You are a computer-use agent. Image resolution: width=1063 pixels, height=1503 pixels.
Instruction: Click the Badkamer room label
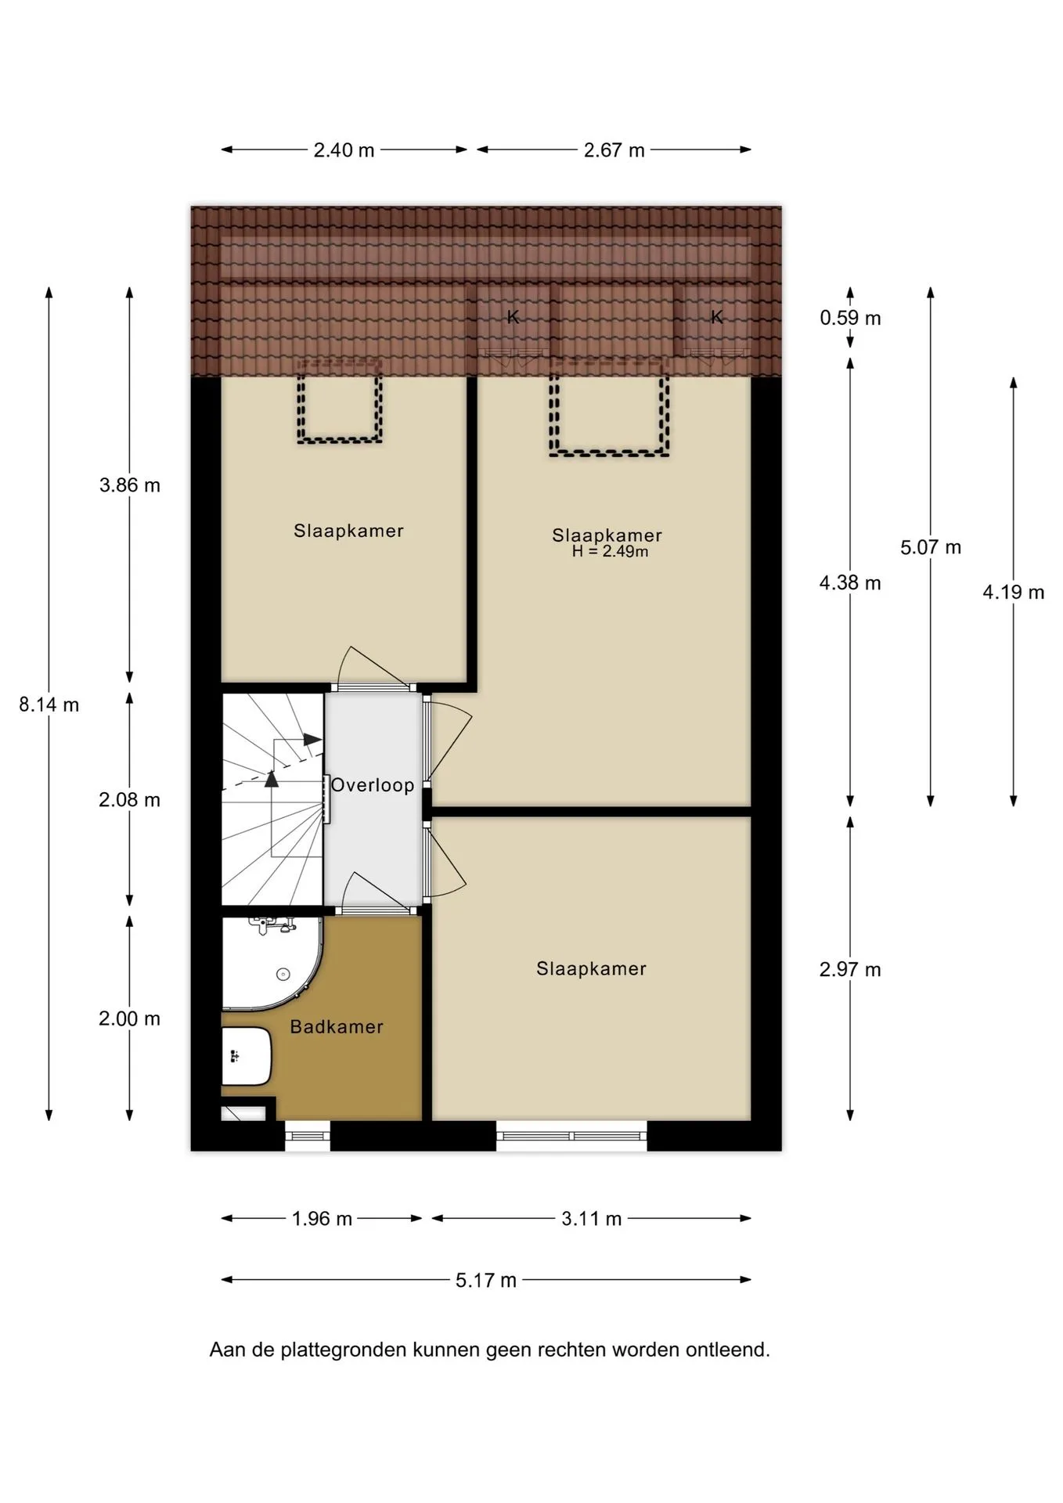337,1027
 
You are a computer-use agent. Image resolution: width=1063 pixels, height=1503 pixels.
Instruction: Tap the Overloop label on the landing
373,785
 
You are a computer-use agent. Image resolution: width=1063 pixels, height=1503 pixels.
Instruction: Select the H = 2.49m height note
610,551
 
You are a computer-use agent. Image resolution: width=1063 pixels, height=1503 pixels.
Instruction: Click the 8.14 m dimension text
49,705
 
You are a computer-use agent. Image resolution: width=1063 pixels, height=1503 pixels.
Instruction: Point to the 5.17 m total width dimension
486,1280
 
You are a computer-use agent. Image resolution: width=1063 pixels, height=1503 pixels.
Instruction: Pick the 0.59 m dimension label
850,318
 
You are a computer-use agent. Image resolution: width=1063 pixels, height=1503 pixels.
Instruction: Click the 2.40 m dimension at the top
344,150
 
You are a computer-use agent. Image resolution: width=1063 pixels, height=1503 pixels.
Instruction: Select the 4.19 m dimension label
1014,592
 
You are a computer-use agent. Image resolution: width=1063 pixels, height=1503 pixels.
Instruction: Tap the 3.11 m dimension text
592,1218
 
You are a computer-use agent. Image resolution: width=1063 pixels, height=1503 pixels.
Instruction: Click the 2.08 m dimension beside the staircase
130,799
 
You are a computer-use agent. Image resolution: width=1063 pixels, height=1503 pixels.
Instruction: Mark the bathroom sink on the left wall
246,1056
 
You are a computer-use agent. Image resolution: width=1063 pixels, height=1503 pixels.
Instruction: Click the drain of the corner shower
283,975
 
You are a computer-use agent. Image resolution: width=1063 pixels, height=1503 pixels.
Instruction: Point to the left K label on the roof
513,317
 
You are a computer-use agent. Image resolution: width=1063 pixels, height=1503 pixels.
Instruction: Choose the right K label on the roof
717,316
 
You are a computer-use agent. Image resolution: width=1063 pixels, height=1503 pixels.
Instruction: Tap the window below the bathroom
308,1136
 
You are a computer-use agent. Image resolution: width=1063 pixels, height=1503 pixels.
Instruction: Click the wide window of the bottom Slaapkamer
572,1136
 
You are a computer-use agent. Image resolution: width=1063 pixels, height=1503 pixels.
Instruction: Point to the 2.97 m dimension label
850,970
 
